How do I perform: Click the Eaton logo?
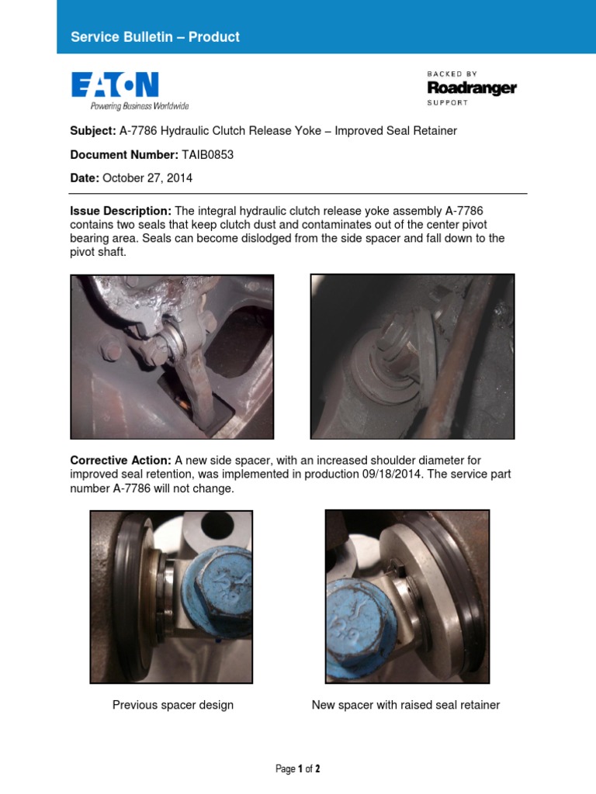pyautogui.click(x=115, y=85)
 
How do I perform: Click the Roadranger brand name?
pyautogui.click(x=471, y=88)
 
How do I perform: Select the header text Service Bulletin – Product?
pyautogui.click(x=155, y=37)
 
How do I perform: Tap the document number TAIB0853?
pyautogui.click(x=207, y=154)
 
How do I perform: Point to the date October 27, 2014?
pyautogui.click(x=147, y=178)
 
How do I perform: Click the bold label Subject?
pyautogui.click(x=93, y=131)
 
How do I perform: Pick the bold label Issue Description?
pyautogui.click(x=120, y=211)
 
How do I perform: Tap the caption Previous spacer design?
pyautogui.click(x=173, y=705)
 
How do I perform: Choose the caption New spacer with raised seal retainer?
pyautogui.click(x=406, y=705)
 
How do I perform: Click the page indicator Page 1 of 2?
pyautogui.click(x=298, y=769)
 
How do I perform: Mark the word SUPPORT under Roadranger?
pyautogui.click(x=448, y=102)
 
